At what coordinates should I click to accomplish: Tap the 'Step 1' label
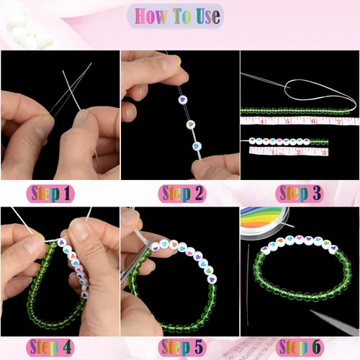point(60,193)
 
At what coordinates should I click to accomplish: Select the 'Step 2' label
point(180,193)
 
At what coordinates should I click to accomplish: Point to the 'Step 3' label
point(300,193)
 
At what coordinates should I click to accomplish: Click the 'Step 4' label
point(60,348)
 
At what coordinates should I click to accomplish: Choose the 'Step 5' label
point(180,348)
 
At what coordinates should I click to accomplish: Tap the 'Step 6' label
point(300,348)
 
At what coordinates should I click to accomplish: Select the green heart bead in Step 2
point(191,124)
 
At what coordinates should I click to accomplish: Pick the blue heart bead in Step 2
point(198,146)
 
